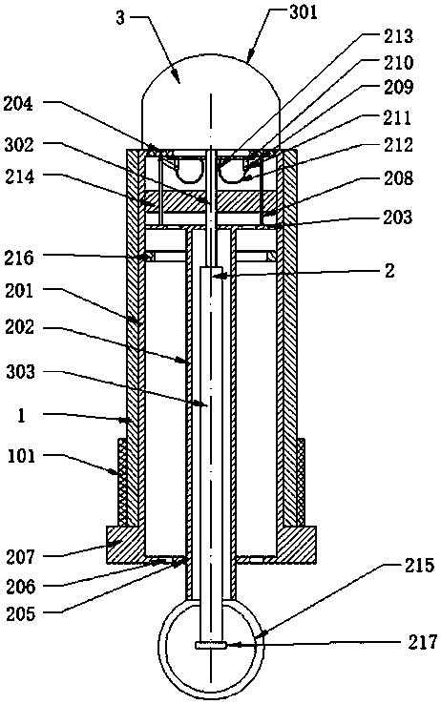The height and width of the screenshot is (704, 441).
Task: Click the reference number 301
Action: tap(304, 12)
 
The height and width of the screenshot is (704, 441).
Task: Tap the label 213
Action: tap(398, 36)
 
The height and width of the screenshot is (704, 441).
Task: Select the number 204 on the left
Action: tap(18, 104)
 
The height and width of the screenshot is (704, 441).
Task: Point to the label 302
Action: tap(19, 145)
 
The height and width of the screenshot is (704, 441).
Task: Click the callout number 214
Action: tap(19, 176)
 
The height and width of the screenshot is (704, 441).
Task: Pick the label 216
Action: tap(19, 258)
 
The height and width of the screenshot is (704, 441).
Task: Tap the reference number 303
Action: tap(20, 372)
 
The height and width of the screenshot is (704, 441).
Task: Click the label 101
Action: tap(21, 456)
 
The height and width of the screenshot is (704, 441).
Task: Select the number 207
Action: tap(20, 557)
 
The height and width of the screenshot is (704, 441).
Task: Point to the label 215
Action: tap(419, 566)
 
